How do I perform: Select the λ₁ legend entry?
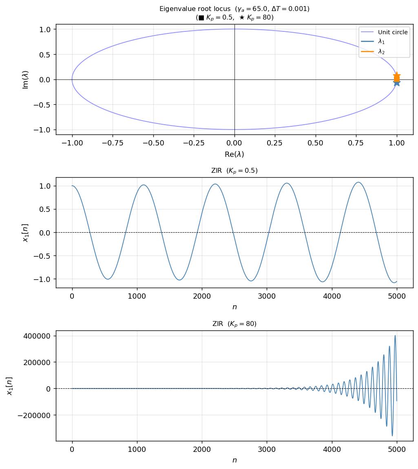tap(381, 42)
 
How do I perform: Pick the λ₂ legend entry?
tap(381, 52)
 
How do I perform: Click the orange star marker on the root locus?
tap(397, 76)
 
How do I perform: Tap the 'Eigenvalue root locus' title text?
tap(234, 9)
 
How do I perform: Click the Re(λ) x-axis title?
tap(234, 154)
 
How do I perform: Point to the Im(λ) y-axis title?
tap(26, 79)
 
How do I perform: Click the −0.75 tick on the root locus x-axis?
tap(113, 143)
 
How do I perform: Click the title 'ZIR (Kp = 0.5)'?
tap(234, 171)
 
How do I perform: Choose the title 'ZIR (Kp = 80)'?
tap(234, 324)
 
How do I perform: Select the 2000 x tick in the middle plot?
tap(202, 296)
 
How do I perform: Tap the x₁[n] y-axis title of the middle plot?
tap(26, 233)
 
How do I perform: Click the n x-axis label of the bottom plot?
tap(234, 460)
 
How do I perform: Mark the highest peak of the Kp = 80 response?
tap(395, 336)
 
